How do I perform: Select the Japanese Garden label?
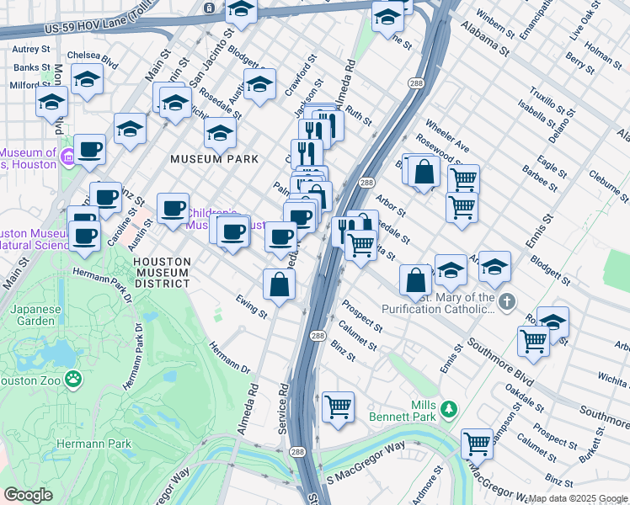pos(36,314)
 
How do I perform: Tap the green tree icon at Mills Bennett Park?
pos(449,410)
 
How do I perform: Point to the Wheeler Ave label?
pos(446,141)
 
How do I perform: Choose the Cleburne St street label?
pos(604,189)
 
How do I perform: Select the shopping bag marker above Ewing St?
pos(279,284)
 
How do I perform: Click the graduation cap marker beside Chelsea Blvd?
pos(87,81)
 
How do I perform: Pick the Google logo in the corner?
pos(28,495)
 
